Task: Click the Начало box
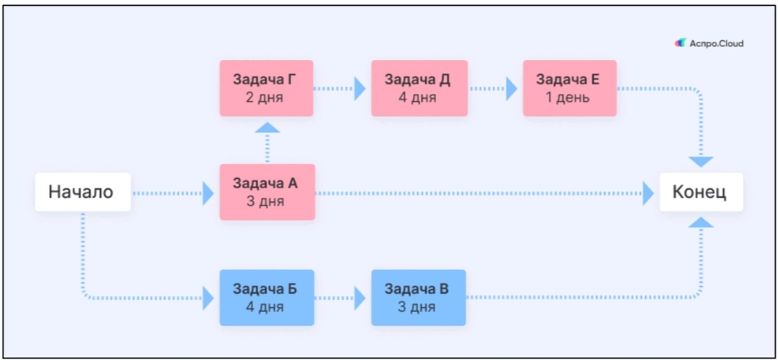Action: pyautogui.click(x=83, y=192)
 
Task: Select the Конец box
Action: pyautogui.click(x=701, y=192)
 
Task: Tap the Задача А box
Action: pyautogui.click(x=268, y=192)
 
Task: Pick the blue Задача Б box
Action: pyautogui.click(x=267, y=297)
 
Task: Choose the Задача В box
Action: pyautogui.click(x=418, y=297)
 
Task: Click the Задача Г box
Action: pyautogui.click(x=267, y=89)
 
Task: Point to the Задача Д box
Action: pyautogui.click(x=419, y=89)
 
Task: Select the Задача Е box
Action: pyautogui.click(x=570, y=89)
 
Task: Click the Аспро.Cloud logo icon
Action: pyautogui.click(x=680, y=43)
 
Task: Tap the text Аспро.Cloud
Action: pyautogui.click(x=717, y=44)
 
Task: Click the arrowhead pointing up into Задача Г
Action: pyautogui.click(x=268, y=128)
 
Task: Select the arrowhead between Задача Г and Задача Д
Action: pyautogui.click(x=360, y=89)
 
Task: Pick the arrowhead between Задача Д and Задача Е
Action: pyautogui.click(x=511, y=89)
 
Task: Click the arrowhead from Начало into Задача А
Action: pyautogui.click(x=208, y=193)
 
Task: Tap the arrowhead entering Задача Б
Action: pyautogui.click(x=208, y=298)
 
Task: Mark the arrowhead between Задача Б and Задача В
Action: pyautogui.click(x=360, y=298)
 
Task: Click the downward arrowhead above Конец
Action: pyautogui.click(x=701, y=162)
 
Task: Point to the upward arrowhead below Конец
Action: pyautogui.click(x=701, y=222)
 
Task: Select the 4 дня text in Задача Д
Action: pyautogui.click(x=417, y=97)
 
